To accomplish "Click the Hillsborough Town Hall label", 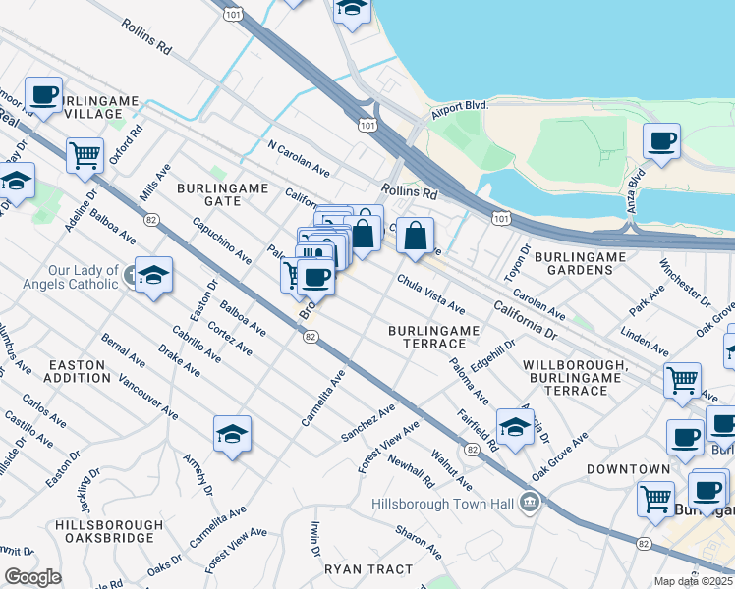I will pos(443,504).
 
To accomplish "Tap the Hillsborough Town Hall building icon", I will pos(530,504).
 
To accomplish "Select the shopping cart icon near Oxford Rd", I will pos(85,154).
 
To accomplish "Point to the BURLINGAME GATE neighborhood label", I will pos(208,193).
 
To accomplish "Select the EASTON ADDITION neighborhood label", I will pos(78,370).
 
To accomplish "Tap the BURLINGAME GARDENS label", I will pos(581,263).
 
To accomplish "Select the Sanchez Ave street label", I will pos(367,421).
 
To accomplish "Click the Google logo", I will pos(32,577).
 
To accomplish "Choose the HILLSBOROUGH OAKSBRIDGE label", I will pos(109,531).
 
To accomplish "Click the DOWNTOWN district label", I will pos(628,469).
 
